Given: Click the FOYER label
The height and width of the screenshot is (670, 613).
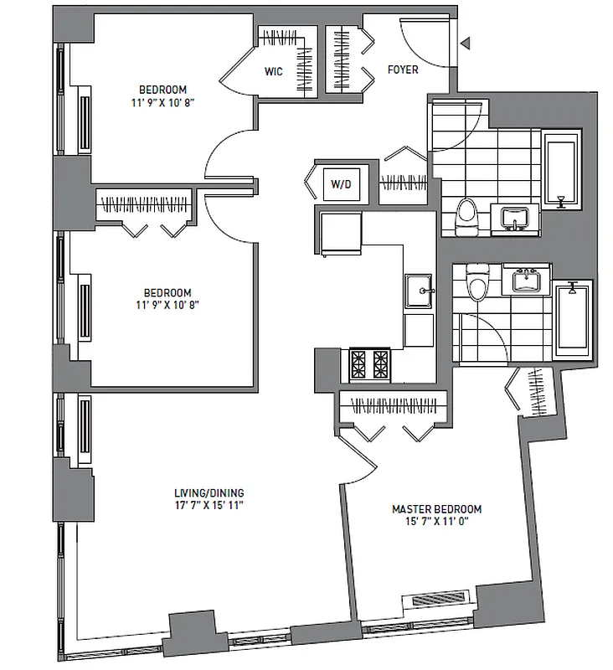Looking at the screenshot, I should [x=403, y=70].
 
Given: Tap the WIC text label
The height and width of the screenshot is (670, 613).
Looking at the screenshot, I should [x=273, y=72].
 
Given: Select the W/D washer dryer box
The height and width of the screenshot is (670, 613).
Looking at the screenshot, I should [x=340, y=183].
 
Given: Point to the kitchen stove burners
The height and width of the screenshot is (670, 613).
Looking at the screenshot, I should [x=369, y=363].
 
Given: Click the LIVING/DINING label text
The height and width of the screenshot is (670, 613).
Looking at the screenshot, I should [x=209, y=493].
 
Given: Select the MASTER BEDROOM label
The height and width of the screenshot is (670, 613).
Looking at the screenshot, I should [x=436, y=508].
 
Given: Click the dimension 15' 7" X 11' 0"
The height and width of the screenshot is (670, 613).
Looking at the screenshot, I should [x=436, y=522].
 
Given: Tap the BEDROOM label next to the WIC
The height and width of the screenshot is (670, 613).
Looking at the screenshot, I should [x=163, y=90].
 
